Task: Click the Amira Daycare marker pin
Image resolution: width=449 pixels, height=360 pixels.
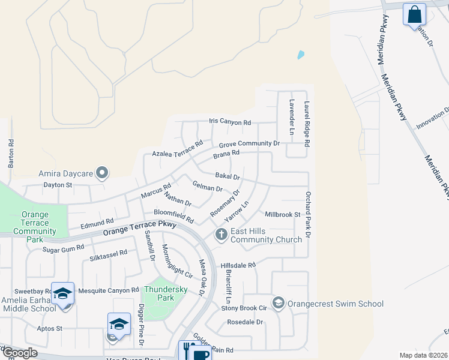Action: [x=102, y=173]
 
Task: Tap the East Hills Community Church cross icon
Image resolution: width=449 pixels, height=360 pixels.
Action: [x=221, y=234]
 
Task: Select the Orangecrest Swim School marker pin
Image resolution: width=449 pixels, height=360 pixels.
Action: [x=278, y=304]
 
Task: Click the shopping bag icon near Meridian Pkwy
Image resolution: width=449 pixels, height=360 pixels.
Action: [x=414, y=14]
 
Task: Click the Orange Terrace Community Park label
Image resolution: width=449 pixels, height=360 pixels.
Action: [x=34, y=223]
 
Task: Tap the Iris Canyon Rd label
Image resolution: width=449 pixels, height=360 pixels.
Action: [x=230, y=122]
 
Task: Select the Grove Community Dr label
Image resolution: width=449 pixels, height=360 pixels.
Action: [x=249, y=144]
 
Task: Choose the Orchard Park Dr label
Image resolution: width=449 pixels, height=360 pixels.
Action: [x=307, y=214]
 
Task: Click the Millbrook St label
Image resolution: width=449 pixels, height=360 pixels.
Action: [x=282, y=214]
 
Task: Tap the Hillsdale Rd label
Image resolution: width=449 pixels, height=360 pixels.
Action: [x=238, y=265]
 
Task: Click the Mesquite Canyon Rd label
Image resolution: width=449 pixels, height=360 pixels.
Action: [x=109, y=290]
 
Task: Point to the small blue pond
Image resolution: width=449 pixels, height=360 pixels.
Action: [x=300, y=55]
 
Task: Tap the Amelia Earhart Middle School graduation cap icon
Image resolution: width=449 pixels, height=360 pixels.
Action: [x=62, y=293]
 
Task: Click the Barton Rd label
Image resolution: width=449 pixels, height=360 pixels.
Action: [x=11, y=153]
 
